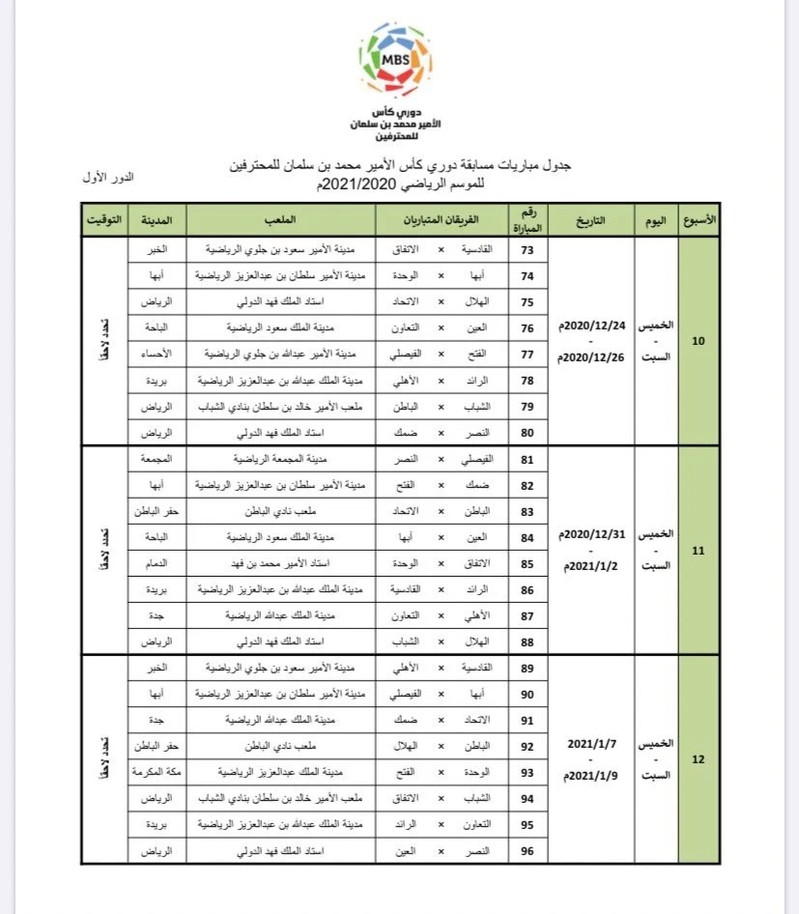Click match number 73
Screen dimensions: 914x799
coord(528,249)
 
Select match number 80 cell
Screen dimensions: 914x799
coord(528,433)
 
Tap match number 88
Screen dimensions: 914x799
coord(528,642)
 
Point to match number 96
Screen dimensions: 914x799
coord(528,851)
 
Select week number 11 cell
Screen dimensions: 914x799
coord(699,551)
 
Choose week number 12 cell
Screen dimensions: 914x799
coord(699,759)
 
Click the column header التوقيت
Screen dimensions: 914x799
coord(104,220)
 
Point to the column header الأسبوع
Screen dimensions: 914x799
coord(699,220)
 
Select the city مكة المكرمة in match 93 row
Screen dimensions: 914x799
coord(156,773)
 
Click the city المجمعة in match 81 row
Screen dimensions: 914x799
coord(156,459)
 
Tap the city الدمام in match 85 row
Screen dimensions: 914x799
coord(156,563)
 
